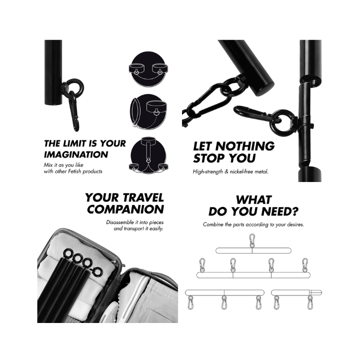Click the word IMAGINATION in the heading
(76, 154)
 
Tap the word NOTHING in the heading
(245, 146)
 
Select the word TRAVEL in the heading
(143, 197)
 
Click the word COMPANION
(125, 209)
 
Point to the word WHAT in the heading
(253, 199)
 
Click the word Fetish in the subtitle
(75, 171)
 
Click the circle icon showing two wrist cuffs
(148, 69)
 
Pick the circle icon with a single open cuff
(148, 111)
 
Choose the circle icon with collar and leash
(148, 155)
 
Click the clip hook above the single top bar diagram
(252, 240)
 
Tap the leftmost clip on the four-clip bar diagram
(202, 265)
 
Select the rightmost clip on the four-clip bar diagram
(305, 265)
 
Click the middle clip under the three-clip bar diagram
(224, 302)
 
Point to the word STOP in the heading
(208, 158)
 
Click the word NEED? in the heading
(280, 211)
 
